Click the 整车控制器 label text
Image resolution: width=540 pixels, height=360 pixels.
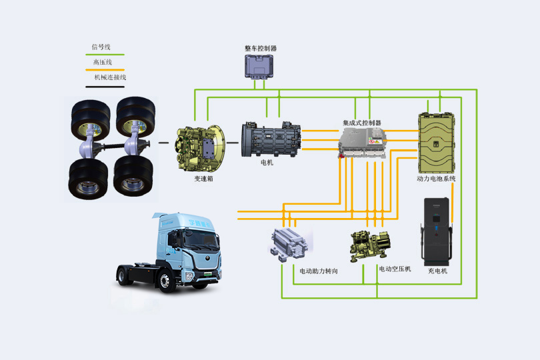click(261, 49)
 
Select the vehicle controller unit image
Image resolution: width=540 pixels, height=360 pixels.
click(261, 67)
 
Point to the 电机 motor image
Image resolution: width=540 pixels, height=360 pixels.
click(271, 141)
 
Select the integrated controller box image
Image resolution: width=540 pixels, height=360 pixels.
click(363, 143)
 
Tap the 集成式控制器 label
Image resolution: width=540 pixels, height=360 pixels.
click(362, 123)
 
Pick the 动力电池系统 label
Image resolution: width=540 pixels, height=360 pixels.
click(437, 179)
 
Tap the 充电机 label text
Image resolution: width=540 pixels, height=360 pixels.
click(437, 271)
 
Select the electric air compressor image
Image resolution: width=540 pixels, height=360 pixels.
click(371, 245)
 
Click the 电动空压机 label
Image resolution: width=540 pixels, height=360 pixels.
click(395, 269)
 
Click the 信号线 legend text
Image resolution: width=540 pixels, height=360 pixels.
click(101, 47)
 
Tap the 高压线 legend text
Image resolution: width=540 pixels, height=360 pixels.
click(102, 62)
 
